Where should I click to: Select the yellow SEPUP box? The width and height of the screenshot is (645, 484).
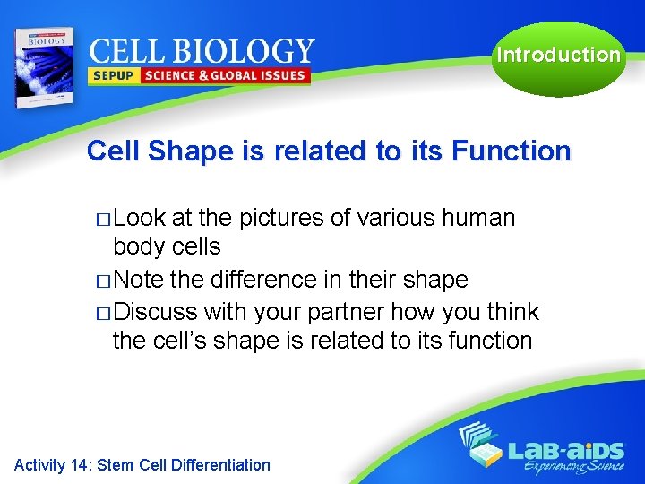click(x=112, y=76)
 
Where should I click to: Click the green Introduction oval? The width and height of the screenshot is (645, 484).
click(x=558, y=56)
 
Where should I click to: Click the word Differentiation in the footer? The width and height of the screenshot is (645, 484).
click(x=219, y=464)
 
